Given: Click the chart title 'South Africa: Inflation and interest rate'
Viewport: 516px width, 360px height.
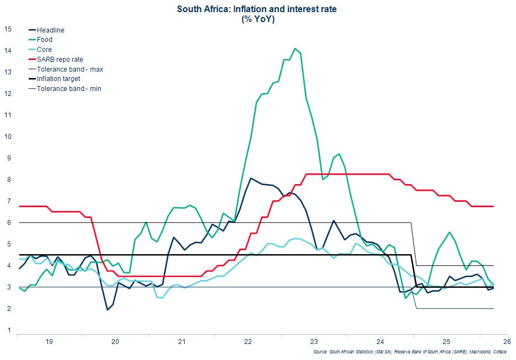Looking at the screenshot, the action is click(x=257, y=9).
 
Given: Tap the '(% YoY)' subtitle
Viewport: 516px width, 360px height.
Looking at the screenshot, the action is click(x=258, y=19).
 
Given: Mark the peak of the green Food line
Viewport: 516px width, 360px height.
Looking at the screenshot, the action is click(x=295, y=49).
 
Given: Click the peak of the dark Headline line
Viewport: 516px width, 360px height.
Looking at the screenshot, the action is click(x=251, y=179).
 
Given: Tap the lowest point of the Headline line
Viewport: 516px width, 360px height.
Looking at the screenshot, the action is click(x=108, y=310).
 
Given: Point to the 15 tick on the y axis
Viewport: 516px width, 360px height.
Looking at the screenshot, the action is click(x=8, y=29).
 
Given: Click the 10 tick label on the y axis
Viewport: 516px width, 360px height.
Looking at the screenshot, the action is click(x=8, y=137).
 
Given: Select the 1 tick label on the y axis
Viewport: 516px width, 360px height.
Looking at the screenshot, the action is click(x=9, y=330).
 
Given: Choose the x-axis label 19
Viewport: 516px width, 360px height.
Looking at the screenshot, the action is click(x=49, y=342).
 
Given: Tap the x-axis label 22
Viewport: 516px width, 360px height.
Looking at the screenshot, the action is click(x=248, y=342).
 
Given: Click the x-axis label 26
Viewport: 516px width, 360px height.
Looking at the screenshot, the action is click(x=507, y=342).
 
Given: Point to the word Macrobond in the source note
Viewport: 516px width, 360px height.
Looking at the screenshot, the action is click(x=480, y=352).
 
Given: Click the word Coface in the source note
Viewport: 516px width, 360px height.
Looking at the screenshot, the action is click(x=499, y=352).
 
